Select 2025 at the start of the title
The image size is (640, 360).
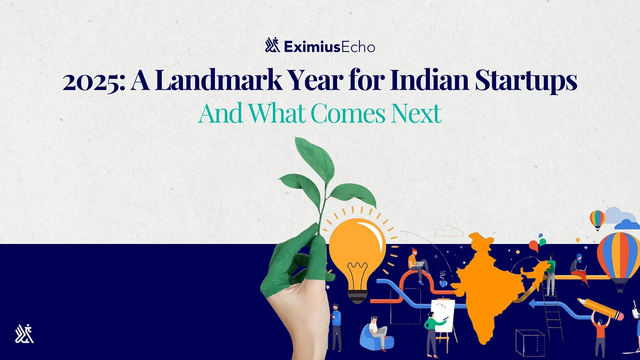pos(94,82)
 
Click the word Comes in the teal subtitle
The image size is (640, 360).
pos(348,113)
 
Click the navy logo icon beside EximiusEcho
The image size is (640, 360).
pos(272,45)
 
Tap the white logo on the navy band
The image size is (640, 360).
pos(24,334)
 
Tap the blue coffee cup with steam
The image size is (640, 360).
pos(443,284)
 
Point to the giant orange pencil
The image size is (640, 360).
pos(600,309)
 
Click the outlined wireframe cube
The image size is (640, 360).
pos(530,343)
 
